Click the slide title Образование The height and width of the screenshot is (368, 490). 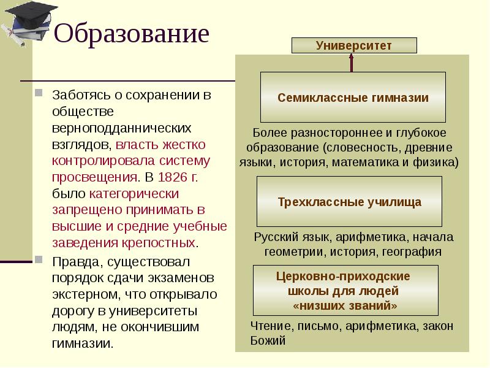(x=132, y=34)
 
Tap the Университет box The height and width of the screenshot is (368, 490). (x=353, y=45)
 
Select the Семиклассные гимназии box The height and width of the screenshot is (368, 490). (x=353, y=98)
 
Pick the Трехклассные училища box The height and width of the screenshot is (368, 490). (x=349, y=201)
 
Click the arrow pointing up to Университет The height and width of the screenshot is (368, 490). (x=352, y=63)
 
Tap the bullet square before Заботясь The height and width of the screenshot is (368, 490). (x=39, y=95)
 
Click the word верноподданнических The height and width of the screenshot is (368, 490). (x=121, y=128)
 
